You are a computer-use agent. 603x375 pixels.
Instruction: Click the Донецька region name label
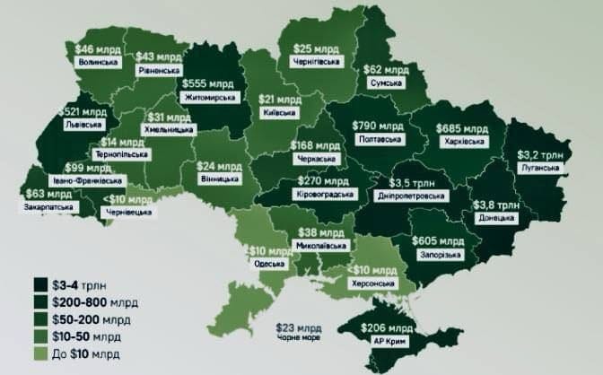tap(495, 217)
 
